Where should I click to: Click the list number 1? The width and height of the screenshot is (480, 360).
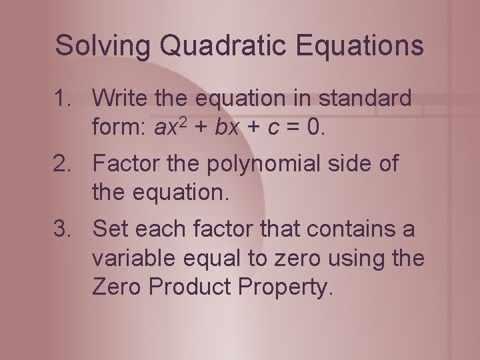(x=65, y=99)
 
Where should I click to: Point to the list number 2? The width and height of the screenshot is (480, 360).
(x=65, y=164)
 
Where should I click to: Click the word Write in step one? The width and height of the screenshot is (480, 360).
(x=121, y=99)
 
